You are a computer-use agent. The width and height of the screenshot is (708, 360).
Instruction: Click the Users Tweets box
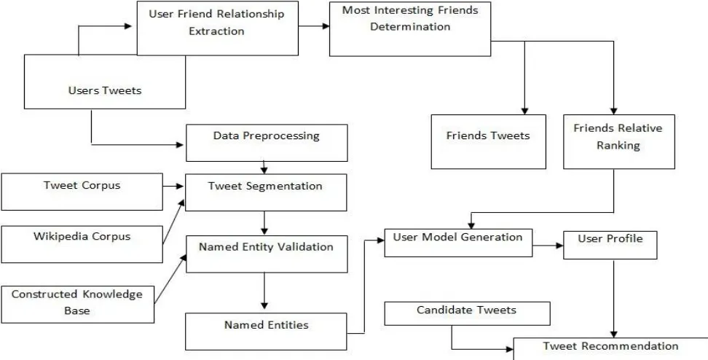105,82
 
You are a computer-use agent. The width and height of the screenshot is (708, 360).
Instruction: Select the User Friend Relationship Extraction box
218,28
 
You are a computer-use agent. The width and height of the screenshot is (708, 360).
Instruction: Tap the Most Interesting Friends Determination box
410,29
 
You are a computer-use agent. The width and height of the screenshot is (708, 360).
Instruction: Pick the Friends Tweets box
489,142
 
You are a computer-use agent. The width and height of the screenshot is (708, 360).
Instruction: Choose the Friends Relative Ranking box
619,142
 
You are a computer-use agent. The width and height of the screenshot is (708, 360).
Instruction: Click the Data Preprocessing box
267,143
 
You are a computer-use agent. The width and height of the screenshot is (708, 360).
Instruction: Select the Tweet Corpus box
82,192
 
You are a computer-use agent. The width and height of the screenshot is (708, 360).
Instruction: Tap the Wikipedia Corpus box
82,244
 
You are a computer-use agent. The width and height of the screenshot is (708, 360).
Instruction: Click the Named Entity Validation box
267,254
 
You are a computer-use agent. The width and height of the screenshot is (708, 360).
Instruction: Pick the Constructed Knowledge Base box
77,305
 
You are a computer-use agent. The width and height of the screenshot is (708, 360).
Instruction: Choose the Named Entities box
266,332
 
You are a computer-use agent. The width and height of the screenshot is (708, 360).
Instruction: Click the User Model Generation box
458,243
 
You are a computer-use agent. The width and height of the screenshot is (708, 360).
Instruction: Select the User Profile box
610,246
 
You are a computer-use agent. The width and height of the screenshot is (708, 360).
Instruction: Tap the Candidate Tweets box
468,313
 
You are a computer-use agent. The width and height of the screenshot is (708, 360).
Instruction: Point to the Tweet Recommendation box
611,348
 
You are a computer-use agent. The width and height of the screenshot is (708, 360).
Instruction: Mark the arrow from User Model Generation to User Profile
548,246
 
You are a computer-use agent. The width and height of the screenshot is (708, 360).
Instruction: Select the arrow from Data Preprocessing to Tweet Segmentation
264,168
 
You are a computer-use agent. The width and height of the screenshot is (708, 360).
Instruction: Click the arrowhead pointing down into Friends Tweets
524,111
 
